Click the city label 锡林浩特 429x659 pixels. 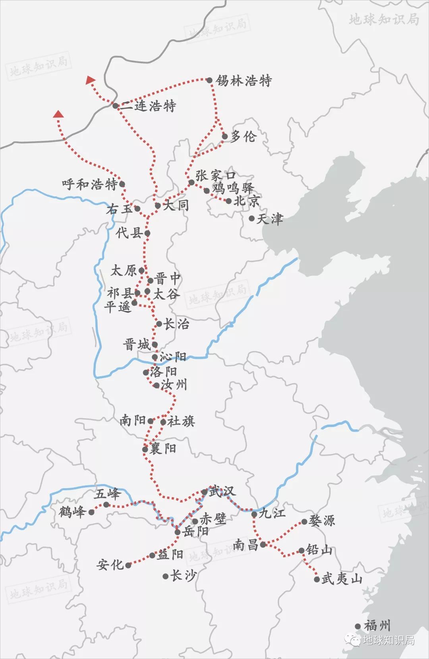[x=243, y=81]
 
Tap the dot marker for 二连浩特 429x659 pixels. [x=115, y=106]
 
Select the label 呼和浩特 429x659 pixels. [x=90, y=185]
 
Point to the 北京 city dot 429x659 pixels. [x=229, y=201]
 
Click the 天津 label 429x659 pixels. [x=270, y=219]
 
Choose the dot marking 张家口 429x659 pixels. [x=191, y=183]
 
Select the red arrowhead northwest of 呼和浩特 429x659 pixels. [x=59, y=115]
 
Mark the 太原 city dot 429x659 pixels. [x=141, y=271]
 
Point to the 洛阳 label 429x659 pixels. [x=163, y=372]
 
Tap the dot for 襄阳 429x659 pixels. [x=145, y=449]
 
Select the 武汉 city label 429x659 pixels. [x=222, y=491]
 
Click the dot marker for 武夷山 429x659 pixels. [x=317, y=579]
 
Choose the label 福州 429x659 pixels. [x=377, y=626]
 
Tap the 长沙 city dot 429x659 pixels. [x=166, y=576]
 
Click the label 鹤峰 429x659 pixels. [x=72, y=512]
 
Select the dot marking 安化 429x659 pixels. [x=128, y=565]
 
